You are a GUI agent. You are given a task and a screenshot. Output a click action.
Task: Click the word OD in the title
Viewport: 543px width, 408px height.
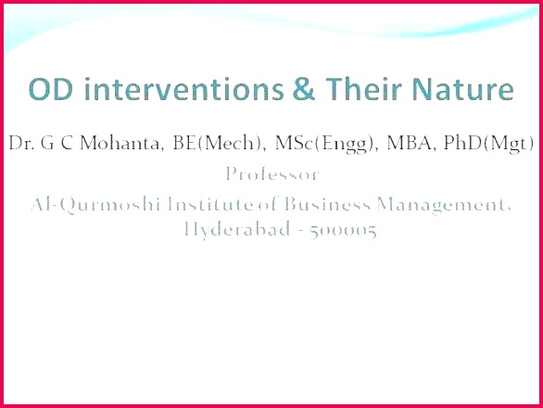pyautogui.click(x=51, y=89)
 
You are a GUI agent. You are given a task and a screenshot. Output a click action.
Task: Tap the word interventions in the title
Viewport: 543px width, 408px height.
pyautogui.click(x=184, y=89)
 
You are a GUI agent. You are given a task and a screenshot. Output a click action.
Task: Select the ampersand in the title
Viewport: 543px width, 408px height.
pyautogui.click(x=304, y=89)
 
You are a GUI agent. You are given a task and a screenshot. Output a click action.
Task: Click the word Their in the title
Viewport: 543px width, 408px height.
pyautogui.click(x=364, y=89)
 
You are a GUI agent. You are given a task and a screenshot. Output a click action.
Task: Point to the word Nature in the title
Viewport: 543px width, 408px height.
pyautogui.click(x=463, y=89)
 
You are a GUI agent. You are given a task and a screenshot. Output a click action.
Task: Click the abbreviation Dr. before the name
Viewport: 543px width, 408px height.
pyautogui.click(x=21, y=143)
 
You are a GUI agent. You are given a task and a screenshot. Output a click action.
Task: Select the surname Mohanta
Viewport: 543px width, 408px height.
pyautogui.click(x=121, y=143)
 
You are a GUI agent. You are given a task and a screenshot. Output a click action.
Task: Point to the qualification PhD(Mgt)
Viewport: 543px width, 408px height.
pyautogui.click(x=488, y=144)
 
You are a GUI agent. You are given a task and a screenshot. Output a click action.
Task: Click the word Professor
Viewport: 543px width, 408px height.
pyautogui.click(x=272, y=173)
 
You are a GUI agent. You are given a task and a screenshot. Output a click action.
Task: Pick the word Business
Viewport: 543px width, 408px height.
pyautogui.click(x=328, y=204)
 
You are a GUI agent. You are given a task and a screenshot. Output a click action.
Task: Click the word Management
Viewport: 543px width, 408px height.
pyautogui.click(x=444, y=205)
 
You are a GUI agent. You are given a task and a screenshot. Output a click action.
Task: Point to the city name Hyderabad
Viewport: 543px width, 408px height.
pyautogui.click(x=237, y=229)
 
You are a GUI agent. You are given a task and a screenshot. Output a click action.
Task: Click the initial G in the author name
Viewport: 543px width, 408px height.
pyautogui.click(x=47, y=143)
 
